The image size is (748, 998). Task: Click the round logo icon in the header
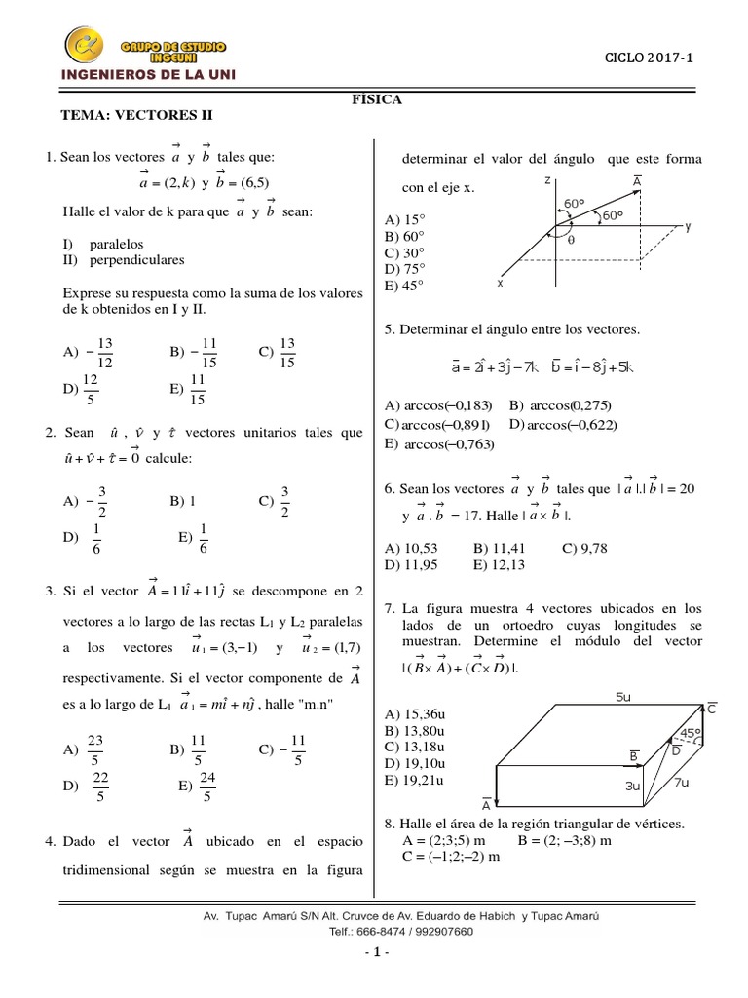(85, 46)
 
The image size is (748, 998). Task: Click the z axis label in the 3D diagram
(548, 181)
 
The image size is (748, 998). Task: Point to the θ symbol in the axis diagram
(571, 239)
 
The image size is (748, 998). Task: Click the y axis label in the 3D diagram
(687, 226)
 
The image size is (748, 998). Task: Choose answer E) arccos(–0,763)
(440, 444)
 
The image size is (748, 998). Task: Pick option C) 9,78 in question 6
(584, 548)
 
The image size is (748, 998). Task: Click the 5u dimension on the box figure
(625, 697)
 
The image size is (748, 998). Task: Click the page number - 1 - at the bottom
(374, 951)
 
